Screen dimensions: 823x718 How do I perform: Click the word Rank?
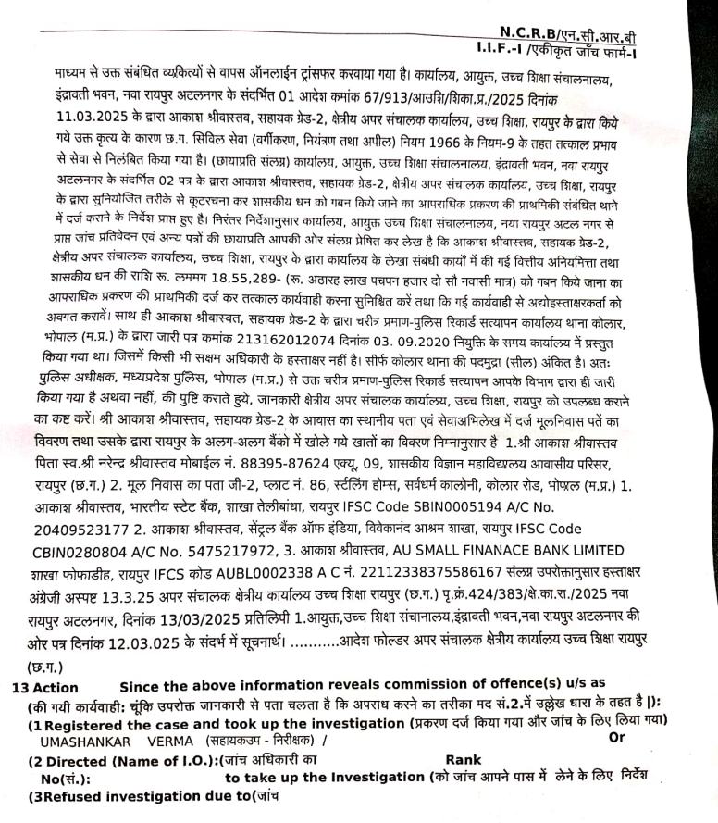(x=462, y=759)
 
